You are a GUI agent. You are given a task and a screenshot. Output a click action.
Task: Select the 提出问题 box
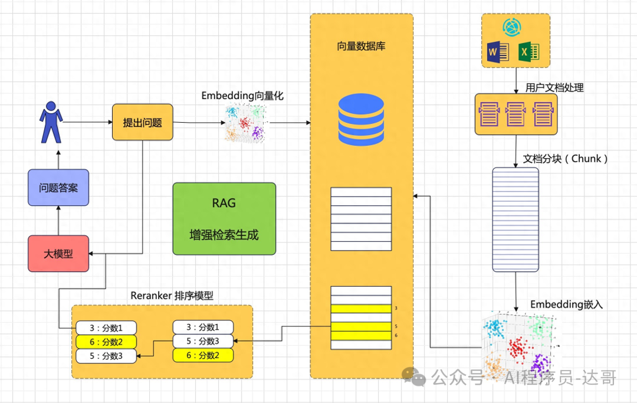(x=142, y=123)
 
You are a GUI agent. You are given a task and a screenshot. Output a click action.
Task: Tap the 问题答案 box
(x=58, y=188)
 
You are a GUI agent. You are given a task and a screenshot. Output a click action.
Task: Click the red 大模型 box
(x=58, y=253)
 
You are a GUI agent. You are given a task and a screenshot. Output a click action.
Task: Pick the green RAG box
(x=224, y=218)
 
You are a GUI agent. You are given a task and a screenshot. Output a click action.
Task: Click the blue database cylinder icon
(x=361, y=122)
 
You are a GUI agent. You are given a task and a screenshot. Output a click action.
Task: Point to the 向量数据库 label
(x=362, y=46)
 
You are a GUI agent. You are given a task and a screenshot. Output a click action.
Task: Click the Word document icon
(x=498, y=54)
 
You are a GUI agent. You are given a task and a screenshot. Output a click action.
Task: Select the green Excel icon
(x=528, y=54)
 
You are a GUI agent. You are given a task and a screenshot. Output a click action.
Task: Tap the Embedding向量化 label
(x=242, y=95)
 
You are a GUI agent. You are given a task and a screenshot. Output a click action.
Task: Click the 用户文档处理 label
(x=554, y=87)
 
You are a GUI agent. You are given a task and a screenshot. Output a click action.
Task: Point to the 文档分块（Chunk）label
(x=565, y=159)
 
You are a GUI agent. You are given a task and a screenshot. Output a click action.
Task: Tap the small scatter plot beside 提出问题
(x=245, y=123)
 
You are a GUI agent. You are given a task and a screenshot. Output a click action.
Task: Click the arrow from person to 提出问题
(x=87, y=122)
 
